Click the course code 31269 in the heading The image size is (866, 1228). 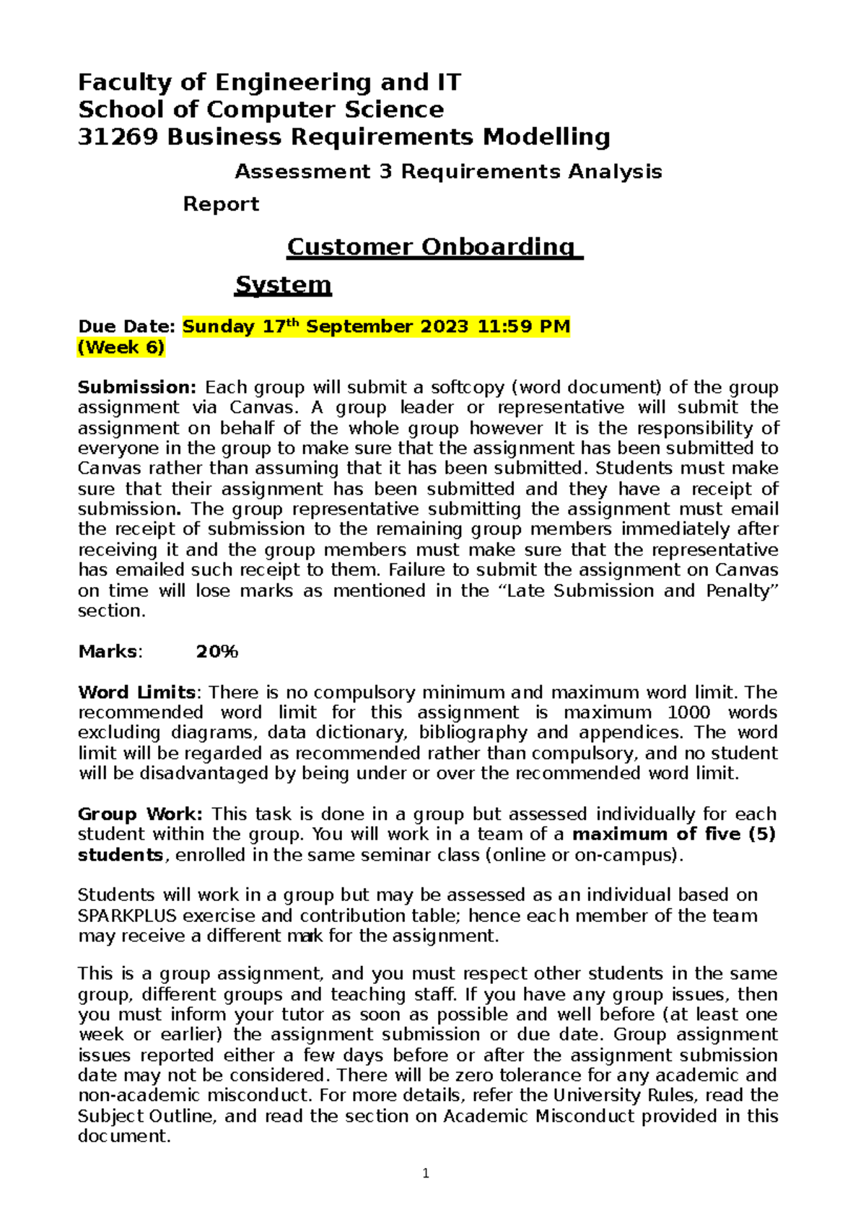point(118,137)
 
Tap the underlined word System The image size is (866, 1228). point(283,284)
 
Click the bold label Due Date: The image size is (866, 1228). point(126,327)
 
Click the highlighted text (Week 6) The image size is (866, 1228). point(121,347)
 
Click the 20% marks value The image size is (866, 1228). point(216,652)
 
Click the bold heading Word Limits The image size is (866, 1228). point(136,693)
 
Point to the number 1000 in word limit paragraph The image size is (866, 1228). point(688,713)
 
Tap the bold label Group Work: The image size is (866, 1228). point(140,814)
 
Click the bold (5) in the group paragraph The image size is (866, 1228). point(761,835)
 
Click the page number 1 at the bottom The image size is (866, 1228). point(426,1174)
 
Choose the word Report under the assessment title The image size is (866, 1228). point(221,204)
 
